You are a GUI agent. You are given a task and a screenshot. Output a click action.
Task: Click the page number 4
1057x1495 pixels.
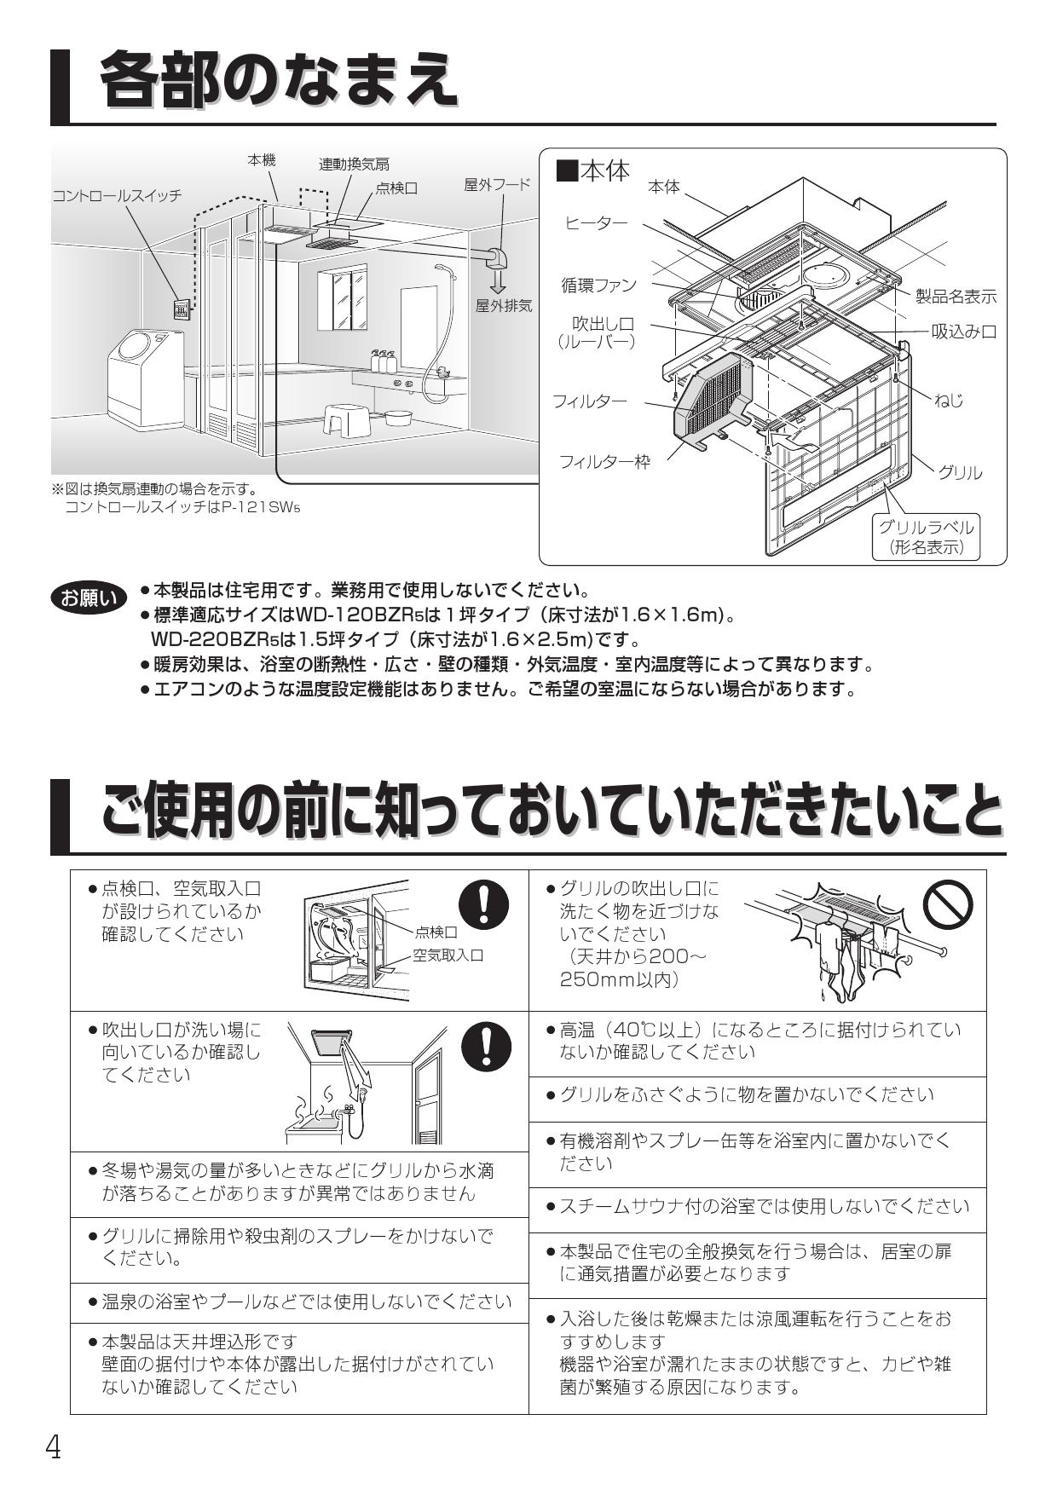[54, 1446]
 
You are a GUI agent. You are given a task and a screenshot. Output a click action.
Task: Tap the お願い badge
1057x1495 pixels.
[88, 598]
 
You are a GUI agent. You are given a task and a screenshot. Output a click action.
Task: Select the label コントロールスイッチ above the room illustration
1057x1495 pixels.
[117, 195]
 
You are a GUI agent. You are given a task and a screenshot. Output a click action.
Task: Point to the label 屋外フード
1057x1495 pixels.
[497, 184]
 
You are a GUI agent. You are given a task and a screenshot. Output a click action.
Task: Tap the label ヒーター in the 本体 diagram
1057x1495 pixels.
[596, 223]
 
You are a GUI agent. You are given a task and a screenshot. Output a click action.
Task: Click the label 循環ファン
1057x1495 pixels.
[598, 285]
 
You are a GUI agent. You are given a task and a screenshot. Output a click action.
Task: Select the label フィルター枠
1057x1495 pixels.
[604, 462]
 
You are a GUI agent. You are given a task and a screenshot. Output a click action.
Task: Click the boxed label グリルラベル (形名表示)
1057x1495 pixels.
[927, 537]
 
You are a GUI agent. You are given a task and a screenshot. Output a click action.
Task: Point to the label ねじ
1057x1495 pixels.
[948, 400]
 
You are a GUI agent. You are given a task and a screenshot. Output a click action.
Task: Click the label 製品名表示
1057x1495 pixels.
[956, 296]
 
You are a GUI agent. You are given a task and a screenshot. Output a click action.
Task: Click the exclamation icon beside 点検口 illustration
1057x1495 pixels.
[484, 903]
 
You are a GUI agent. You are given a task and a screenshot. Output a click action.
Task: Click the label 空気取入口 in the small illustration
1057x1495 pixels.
[448, 955]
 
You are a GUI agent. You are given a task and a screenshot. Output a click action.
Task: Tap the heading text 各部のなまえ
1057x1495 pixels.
[276, 81]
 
